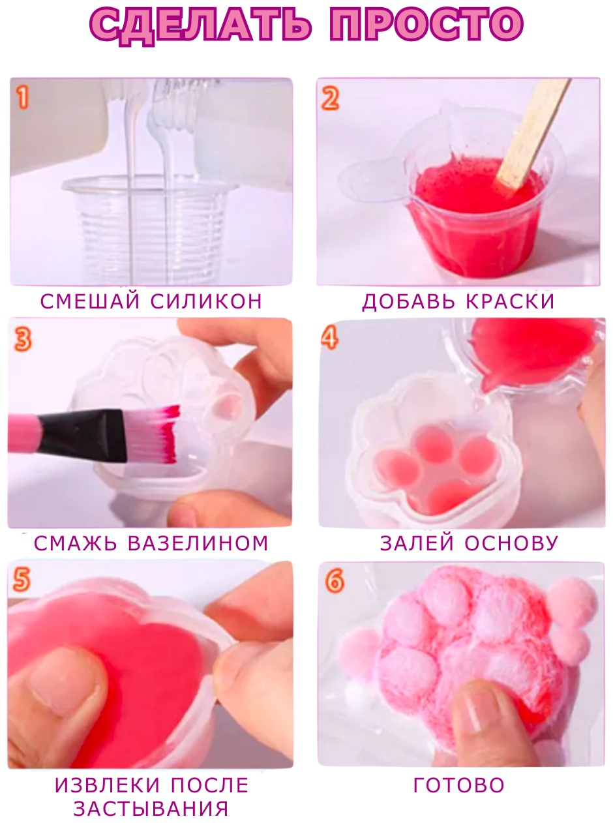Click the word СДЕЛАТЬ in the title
coord(201,25)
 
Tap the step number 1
coord(23,98)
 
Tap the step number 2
coord(330,98)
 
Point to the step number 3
coord(23,340)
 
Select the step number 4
coord(330,338)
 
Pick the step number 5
coord(22,580)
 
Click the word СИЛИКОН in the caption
coord(207,301)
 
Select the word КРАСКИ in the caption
coord(510,301)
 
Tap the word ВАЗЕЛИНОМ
coord(198,544)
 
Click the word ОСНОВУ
coord(511,543)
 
